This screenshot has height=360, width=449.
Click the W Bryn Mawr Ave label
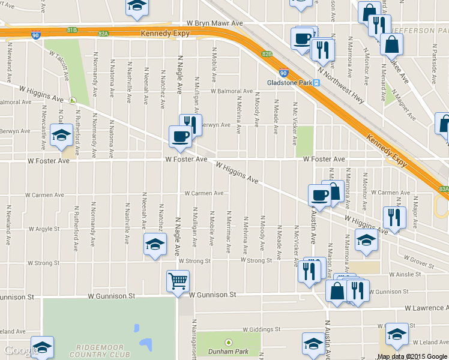(x=214, y=23)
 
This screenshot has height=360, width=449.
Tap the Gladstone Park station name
(x=288, y=82)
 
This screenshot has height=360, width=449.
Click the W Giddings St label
(x=261, y=329)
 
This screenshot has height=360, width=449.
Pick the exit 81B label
(x=72, y=29)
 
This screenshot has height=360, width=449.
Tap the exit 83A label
(x=444, y=188)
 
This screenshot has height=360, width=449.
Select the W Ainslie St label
(x=405, y=274)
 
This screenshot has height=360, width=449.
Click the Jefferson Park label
(x=420, y=30)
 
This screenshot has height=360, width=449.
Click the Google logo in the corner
(x=20, y=350)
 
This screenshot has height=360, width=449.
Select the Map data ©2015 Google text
(x=412, y=356)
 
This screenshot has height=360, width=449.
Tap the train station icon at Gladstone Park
(x=315, y=82)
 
